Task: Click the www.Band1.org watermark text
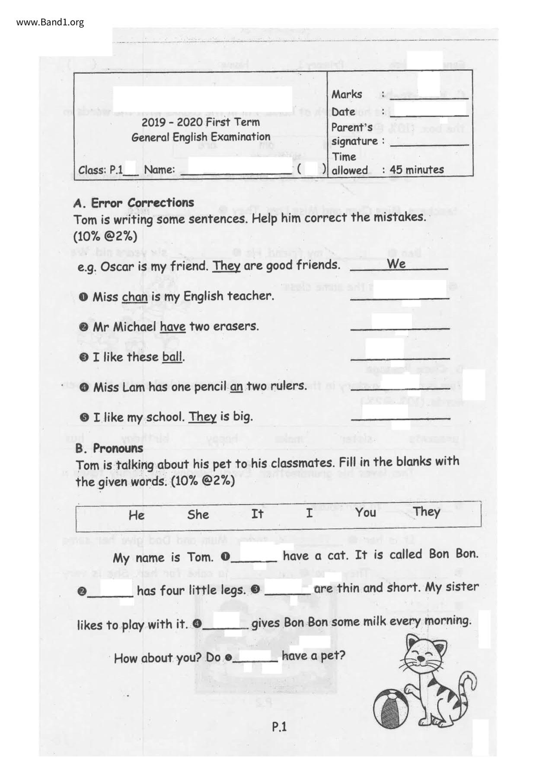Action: pyautogui.click(x=50, y=22)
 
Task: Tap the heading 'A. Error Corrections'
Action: pyautogui.click(x=134, y=203)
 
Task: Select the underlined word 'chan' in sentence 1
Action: pyautogui.click(x=134, y=297)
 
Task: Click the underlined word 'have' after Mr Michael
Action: pyautogui.click(x=172, y=327)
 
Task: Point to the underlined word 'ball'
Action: pyautogui.click(x=172, y=357)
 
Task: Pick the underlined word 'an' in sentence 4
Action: pyautogui.click(x=236, y=386)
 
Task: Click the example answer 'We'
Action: pyautogui.click(x=396, y=264)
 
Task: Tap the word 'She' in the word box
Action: pyautogui.click(x=198, y=515)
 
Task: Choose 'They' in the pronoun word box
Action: pyautogui.click(x=426, y=512)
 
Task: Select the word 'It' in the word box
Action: pyautogui.click(x=257, y=514)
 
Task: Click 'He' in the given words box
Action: pyautogui.click(x=137, y=515)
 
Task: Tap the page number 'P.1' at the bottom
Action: pyautogui.click(x=279, y=727)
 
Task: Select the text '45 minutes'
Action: pyautogui.click(x=417, y=170)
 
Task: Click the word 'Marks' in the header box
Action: pyautogui.click(x=347, y=94)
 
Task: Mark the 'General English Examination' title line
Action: pyautogui.click(x=201, y=137)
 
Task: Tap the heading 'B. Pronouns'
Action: pyautogui.click(x=109, y=448)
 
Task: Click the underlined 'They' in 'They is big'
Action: pyautogui.click(x=202, y=417)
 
